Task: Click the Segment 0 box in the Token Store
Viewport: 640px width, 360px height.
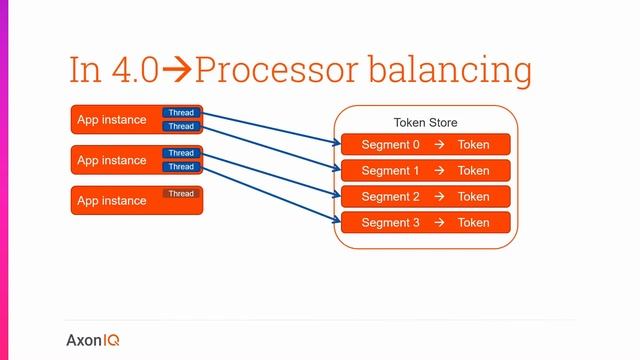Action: (426, 145)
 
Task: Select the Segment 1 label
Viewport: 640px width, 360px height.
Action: (390, 171)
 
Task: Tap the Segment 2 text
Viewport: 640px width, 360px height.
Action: (390, 197)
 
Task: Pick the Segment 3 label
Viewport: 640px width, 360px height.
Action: (390, 223)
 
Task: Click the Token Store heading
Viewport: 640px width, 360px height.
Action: (425, 123)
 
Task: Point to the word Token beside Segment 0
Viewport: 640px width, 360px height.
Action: (474, 145)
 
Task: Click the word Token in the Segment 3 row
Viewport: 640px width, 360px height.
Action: (474, 223)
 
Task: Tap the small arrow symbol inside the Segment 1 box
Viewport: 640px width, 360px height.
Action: (439, 171)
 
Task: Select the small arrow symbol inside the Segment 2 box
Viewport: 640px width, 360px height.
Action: (439, 197)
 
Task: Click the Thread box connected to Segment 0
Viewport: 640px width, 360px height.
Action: (181, 113)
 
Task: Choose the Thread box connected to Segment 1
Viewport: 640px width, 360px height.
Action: (181, 127)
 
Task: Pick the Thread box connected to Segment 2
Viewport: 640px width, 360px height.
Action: (181, 153)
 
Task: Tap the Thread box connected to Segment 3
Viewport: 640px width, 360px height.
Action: (181, 167)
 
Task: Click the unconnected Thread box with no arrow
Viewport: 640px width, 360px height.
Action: (181, 194)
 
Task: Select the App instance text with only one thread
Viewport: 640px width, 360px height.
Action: (111, 201)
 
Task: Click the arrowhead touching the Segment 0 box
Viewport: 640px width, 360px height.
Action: (337, 144)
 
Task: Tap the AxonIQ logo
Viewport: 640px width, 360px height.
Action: (93, 339)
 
